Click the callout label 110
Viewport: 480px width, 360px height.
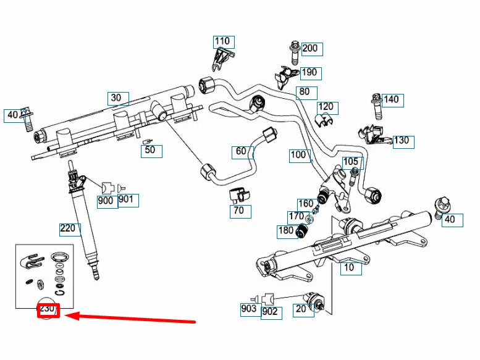tap(222, 41)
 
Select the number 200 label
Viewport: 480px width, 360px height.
tap(309, 48)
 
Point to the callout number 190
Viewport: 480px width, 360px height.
tap(309, 72)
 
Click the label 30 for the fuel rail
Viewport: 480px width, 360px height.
tap(116, 98)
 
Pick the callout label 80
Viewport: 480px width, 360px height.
tap(304, 93)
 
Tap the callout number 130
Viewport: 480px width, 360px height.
tap(401, 140)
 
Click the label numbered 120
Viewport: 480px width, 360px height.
tap(325, 107)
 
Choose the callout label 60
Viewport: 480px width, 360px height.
tap(241, 151)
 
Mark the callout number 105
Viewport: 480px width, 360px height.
tap(350, 162)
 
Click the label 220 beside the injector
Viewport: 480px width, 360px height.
tap(68, 228)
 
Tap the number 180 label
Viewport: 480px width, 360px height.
tap(285, 231)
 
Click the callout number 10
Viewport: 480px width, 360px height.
tap(349, 267)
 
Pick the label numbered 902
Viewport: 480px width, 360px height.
tap(270, 312)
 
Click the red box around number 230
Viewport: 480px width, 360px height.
tap(48, 310)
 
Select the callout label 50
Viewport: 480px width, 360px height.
tap(149, 150)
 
